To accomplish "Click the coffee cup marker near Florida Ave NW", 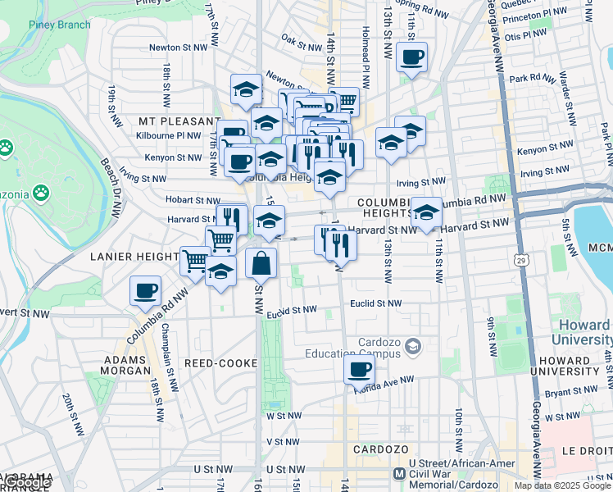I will [x=359, y=370].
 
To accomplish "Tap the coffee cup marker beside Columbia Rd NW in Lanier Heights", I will [x=146, y=290].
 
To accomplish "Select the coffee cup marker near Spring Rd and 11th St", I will [x=411, y=57].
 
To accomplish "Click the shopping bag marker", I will [x=261, y=264].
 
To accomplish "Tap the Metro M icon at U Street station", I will [x=399, y=474].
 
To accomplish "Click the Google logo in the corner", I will [x=27, y=482].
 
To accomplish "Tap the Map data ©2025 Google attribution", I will [x=562, y=485].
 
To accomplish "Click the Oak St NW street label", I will [x=299, y=38].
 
